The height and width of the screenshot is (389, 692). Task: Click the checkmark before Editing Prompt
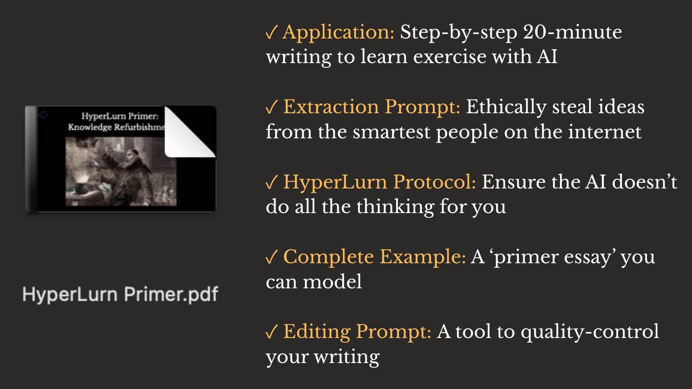(x=272, y=332)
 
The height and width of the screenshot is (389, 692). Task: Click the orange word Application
(x=338, y=33)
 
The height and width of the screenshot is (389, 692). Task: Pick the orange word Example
(x=423, y=258)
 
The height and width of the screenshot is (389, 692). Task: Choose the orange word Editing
(x=317, y=333)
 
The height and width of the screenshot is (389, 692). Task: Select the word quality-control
(x=590, y=333)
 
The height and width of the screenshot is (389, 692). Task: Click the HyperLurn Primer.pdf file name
(x=121, y=294)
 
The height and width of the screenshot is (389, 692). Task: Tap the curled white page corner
(x=189, y=133)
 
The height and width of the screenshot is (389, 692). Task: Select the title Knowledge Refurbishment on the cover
(x=117, y=127)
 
